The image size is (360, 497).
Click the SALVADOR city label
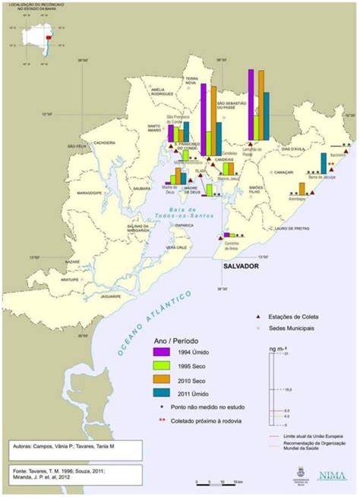[236, 269]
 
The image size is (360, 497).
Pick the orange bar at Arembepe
[302, 189]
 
